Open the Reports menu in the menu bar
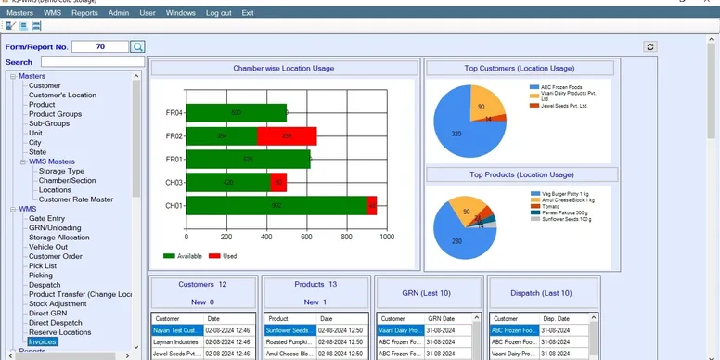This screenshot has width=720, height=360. click(x=84, y=13)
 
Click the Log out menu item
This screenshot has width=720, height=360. click(x=219, y=13)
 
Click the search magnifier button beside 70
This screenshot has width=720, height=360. click(x=137, y=46)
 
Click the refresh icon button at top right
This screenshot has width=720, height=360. click(x=650, y=46)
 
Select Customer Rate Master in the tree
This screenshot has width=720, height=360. click(x=76, y=199)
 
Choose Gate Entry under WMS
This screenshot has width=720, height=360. click(x=46, y=218)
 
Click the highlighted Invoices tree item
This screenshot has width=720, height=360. click(x=43, y=341)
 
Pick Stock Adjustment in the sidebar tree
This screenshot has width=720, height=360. click(x=57, y=303)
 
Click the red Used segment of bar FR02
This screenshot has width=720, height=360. click(x=287, y=136)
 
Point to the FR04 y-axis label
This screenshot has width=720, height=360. click(x=174, y=113)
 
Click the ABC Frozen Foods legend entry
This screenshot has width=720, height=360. click(x=562, y=87)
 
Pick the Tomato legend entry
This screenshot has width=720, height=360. click(x=547, y=206)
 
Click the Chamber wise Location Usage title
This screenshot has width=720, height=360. click(x=283, y=68)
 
